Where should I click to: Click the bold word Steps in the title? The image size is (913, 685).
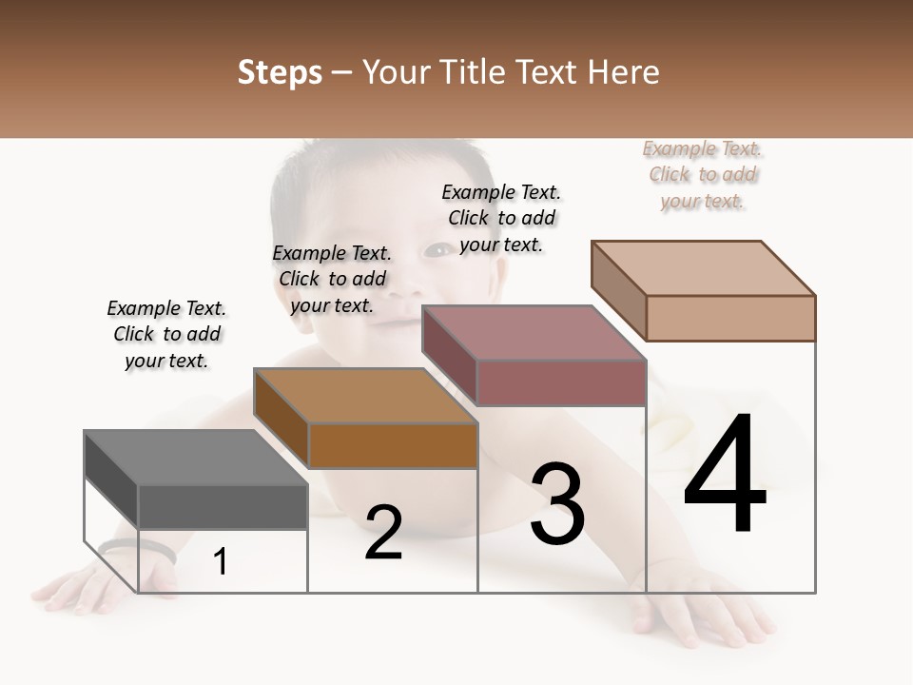[x=280, y=72]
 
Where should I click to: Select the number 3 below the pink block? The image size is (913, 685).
[x=557, y=504]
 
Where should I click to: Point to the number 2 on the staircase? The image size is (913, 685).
[x=383, y=533]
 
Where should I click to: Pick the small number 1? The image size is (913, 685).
[x=221, y=561]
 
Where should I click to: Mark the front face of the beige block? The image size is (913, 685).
[x=730, y=318]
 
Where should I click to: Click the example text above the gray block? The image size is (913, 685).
[x=166, y=334]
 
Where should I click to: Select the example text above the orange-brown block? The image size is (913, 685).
[x=332, y=279]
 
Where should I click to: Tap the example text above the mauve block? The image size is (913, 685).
[x=501, y=218]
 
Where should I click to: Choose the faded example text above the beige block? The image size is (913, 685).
[x=703, y=174]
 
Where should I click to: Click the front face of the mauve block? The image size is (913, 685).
[x=561, y=382]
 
